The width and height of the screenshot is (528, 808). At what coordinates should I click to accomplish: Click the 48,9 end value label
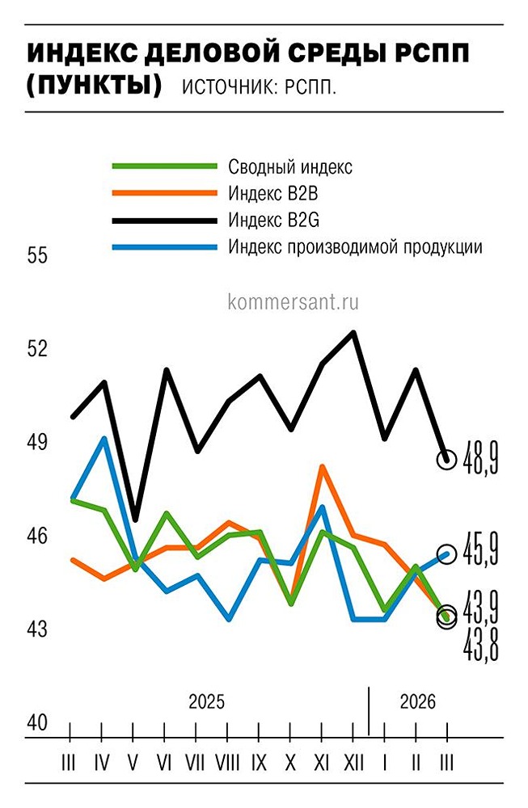[x=482, y=461]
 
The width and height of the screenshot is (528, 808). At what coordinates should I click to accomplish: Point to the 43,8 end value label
[x=482, y=644]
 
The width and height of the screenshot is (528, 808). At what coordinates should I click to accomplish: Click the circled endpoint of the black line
[x=446, y=459]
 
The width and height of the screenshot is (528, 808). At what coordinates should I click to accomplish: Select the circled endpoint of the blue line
[x=446, y=553]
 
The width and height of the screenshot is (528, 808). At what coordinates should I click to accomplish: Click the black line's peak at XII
[x=353, y=332]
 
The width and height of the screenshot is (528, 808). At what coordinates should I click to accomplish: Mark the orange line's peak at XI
[x=322, y=466]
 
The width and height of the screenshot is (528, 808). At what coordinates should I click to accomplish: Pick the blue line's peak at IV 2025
[x=103, y=438]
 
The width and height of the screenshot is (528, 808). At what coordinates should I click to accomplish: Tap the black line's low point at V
[x=134, y=519]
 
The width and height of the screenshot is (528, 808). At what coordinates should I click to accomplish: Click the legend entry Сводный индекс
[x=289, y=167]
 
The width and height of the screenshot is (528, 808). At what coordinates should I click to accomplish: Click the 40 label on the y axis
[x=38, y=723]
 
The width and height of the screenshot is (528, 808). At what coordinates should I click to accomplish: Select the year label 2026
[x=417, y=701]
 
